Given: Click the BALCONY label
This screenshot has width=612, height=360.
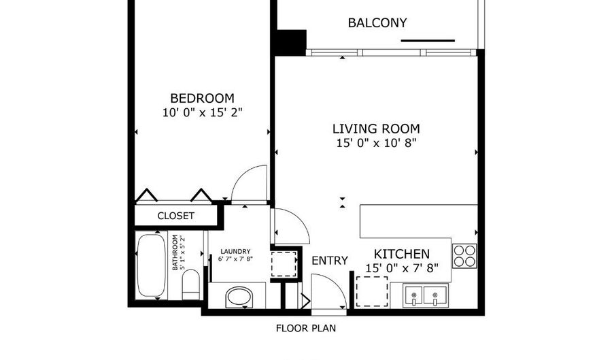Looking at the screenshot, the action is (x=377, y=22).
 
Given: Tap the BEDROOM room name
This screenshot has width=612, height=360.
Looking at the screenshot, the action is (x=202, y=98).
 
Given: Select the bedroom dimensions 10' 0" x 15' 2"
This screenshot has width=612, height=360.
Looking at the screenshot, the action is (x=202, y=113).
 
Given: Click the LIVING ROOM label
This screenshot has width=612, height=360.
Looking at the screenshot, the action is (x=376, y=129).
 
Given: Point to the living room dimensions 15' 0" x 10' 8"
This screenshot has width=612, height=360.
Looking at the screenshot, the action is (x=376, y=144).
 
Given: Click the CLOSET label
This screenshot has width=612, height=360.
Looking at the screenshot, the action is (x=175, y=216).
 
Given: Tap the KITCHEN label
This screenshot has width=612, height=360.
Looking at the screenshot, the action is (x=402, y=254).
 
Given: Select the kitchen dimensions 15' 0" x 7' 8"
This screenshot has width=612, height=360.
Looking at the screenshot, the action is (x=402, y=269).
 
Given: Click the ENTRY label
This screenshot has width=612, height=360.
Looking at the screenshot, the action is (x=329, y=261).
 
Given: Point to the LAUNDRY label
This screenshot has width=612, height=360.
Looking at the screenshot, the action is (x=235, y=251).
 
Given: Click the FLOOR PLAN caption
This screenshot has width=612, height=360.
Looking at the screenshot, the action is (x=305, y=329).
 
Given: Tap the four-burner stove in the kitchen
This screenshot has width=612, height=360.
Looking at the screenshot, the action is (x=464, y=256).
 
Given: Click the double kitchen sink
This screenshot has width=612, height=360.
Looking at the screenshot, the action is (x=426, y=295).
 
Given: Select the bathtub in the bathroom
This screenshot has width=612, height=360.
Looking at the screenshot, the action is (x=151, y=265).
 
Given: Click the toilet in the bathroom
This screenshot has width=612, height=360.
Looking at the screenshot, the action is (x=191, y=284).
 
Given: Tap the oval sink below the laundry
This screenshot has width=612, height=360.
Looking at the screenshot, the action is (x=239, y=297).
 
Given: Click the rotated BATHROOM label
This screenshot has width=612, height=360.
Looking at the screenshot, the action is (x=178, y=252).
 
